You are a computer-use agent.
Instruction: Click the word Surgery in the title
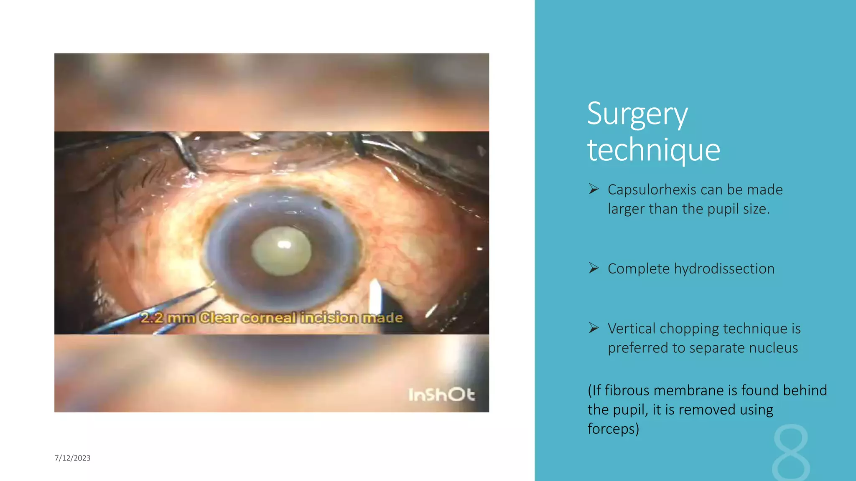click(x=637, y=114)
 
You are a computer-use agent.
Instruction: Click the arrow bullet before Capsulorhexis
click(x=594, y=189)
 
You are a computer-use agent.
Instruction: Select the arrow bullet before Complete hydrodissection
click(x=594, y=268)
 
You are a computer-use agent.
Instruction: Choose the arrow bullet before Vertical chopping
click(x=594, y=328)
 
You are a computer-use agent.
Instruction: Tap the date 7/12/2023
click(x=72, y=458)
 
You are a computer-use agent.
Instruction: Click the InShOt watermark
click(x=441, y=395)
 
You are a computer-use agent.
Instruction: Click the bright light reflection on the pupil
click(x=285, y=244)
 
